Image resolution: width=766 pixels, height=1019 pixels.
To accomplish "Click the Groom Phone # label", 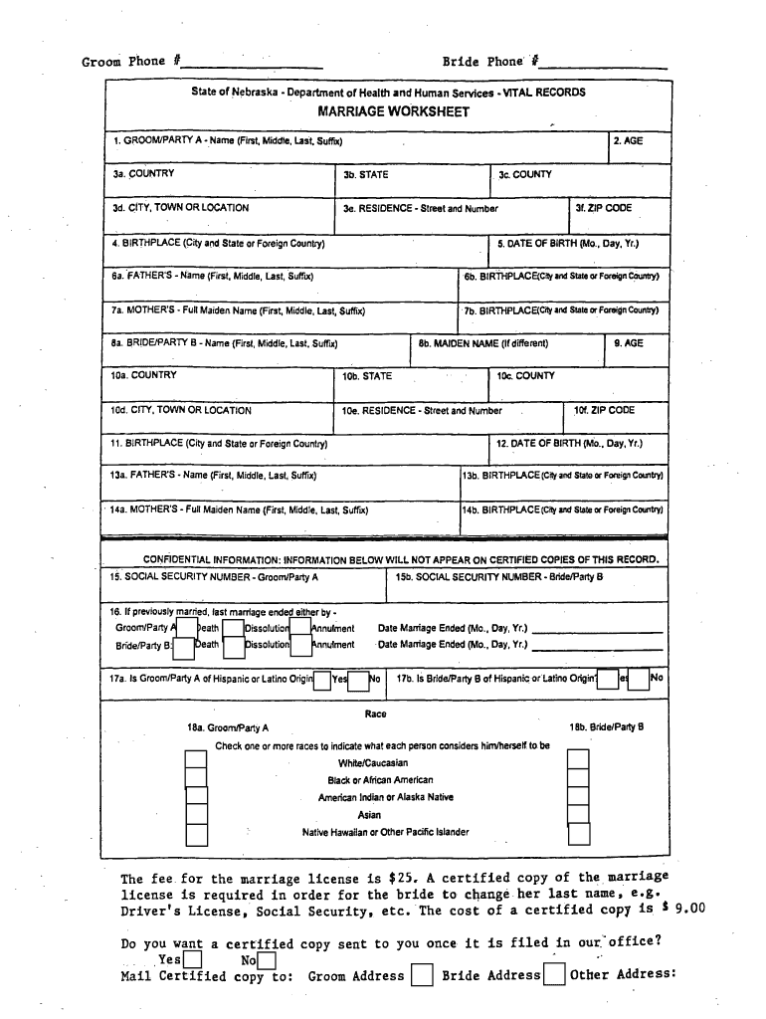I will pyautogui.click(x=130, y=62).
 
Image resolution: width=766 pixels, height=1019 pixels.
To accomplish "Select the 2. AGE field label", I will pyautogui.click(x=628, y=141).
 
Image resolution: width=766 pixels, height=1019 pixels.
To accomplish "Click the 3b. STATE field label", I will pyautogui.click(x=365, y=175).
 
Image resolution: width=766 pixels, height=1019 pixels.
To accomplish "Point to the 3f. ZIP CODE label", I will pyautogui.click(x=603, y=209).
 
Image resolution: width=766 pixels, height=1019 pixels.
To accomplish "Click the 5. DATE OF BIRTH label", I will pyautogui.click(x=568, y=243).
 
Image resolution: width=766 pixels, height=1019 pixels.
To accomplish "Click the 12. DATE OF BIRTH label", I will pyautogui.click(x=569, y=444).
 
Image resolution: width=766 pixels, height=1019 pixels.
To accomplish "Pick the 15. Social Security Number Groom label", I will pyautogui.click(x=214, y=577).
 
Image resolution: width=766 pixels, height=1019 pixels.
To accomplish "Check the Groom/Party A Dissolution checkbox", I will pyautogui.click(x=234, y=628).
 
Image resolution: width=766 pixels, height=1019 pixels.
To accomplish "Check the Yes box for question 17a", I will pyautogui.click(x=322, y=681).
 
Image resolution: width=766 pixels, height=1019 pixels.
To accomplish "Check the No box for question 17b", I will pyautogui.click(x=639, y=679).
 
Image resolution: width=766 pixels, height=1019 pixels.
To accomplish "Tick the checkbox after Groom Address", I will pyautogui.click(x=422, y=975).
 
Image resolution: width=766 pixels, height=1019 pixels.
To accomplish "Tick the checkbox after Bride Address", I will pyautogui.click(x=555, y=975).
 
